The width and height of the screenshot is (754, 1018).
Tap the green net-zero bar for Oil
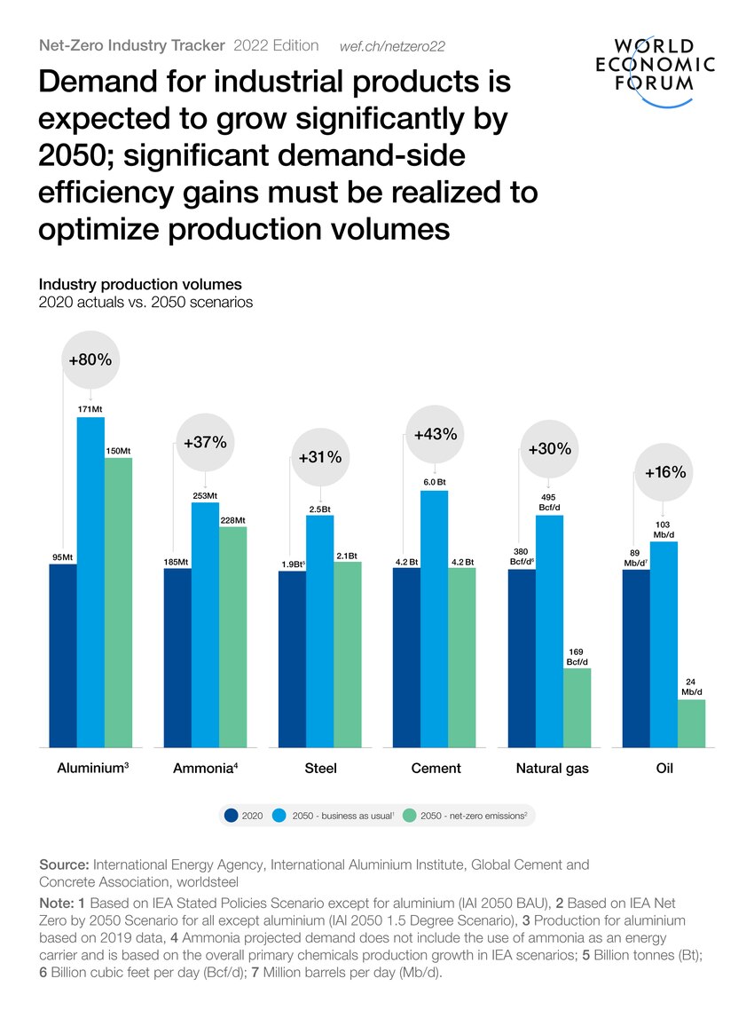point(691,723)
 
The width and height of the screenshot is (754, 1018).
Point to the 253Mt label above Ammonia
point(206,495)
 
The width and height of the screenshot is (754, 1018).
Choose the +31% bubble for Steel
point(320,457)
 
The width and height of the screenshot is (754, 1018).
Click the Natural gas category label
point(552,769)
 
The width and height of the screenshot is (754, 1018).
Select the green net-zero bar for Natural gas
point(577,707)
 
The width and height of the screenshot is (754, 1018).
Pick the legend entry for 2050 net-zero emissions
point(466,814)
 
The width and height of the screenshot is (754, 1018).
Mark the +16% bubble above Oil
point(665,472)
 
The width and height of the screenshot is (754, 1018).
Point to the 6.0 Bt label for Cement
point(435,482)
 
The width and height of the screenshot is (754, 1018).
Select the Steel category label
point(320,769)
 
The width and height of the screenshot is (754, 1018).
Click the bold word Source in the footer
point(64,864)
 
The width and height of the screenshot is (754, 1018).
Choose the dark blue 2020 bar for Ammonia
point(177,658)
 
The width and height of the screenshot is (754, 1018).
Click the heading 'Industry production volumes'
point(140,285)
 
